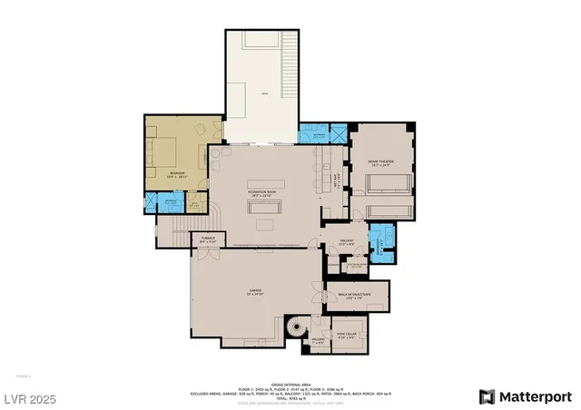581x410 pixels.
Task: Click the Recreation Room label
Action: pos(261,193)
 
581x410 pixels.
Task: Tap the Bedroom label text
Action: pos(177,174)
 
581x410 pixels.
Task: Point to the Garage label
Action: pos(254,293)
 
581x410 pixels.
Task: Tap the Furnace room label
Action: pos(207,240)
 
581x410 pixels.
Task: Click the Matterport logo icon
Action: pos(487,396)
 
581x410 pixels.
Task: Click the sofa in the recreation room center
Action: pos(266,223)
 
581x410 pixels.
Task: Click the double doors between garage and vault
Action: pos(320,296)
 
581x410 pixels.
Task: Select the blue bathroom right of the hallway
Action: pos(380,242)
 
